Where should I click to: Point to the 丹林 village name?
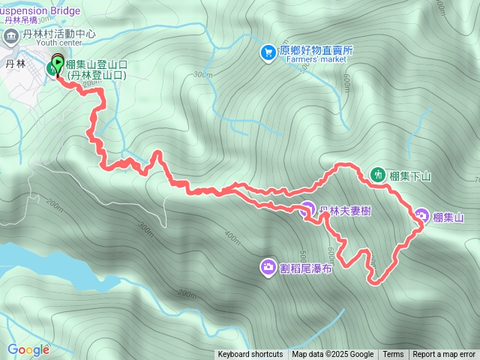click(x=15, y=64)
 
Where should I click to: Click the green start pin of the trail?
click(x=57, y=65)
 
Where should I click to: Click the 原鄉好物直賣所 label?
click(x=315, y=51)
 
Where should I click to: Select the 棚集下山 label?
click(x=410, y=176)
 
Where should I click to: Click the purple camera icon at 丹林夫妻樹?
click(x=307, y=210)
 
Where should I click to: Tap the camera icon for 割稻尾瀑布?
click(x=268, y=266)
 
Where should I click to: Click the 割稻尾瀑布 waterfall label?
click(x=305, y=267)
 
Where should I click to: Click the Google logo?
click(x=28, y=349)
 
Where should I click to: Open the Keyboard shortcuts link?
click(x=250, y=355)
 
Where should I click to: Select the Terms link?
click(x=393, y=355)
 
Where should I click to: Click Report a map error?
click(x=444, y=355)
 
